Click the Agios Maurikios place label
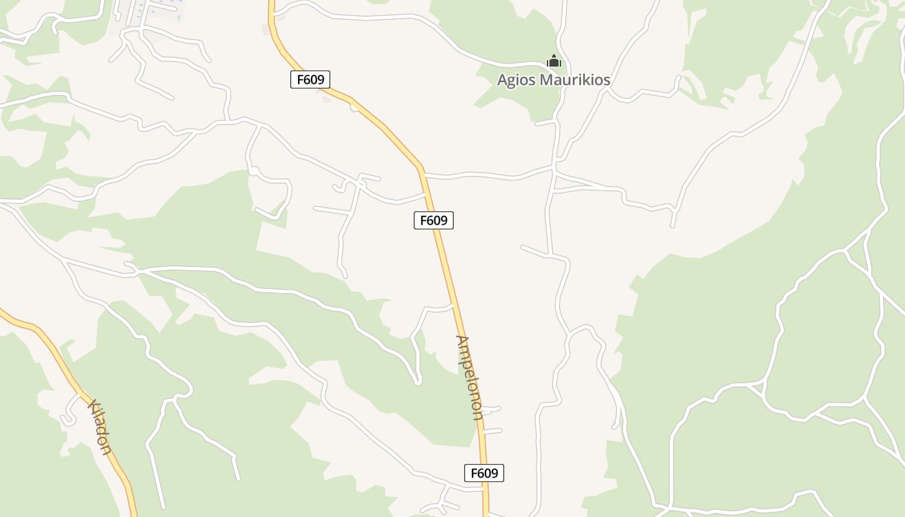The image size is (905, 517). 553,80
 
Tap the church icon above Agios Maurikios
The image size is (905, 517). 554,61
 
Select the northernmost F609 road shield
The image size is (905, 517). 310,79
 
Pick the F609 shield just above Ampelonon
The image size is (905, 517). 434,220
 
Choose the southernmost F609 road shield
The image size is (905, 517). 484,473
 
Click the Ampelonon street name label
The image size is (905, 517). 469,377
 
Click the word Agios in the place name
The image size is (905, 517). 516,81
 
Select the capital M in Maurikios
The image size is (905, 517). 547,80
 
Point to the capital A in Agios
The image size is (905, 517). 503,80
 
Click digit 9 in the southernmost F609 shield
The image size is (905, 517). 495,473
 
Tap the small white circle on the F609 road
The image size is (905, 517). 354,107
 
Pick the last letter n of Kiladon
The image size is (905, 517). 107,449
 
